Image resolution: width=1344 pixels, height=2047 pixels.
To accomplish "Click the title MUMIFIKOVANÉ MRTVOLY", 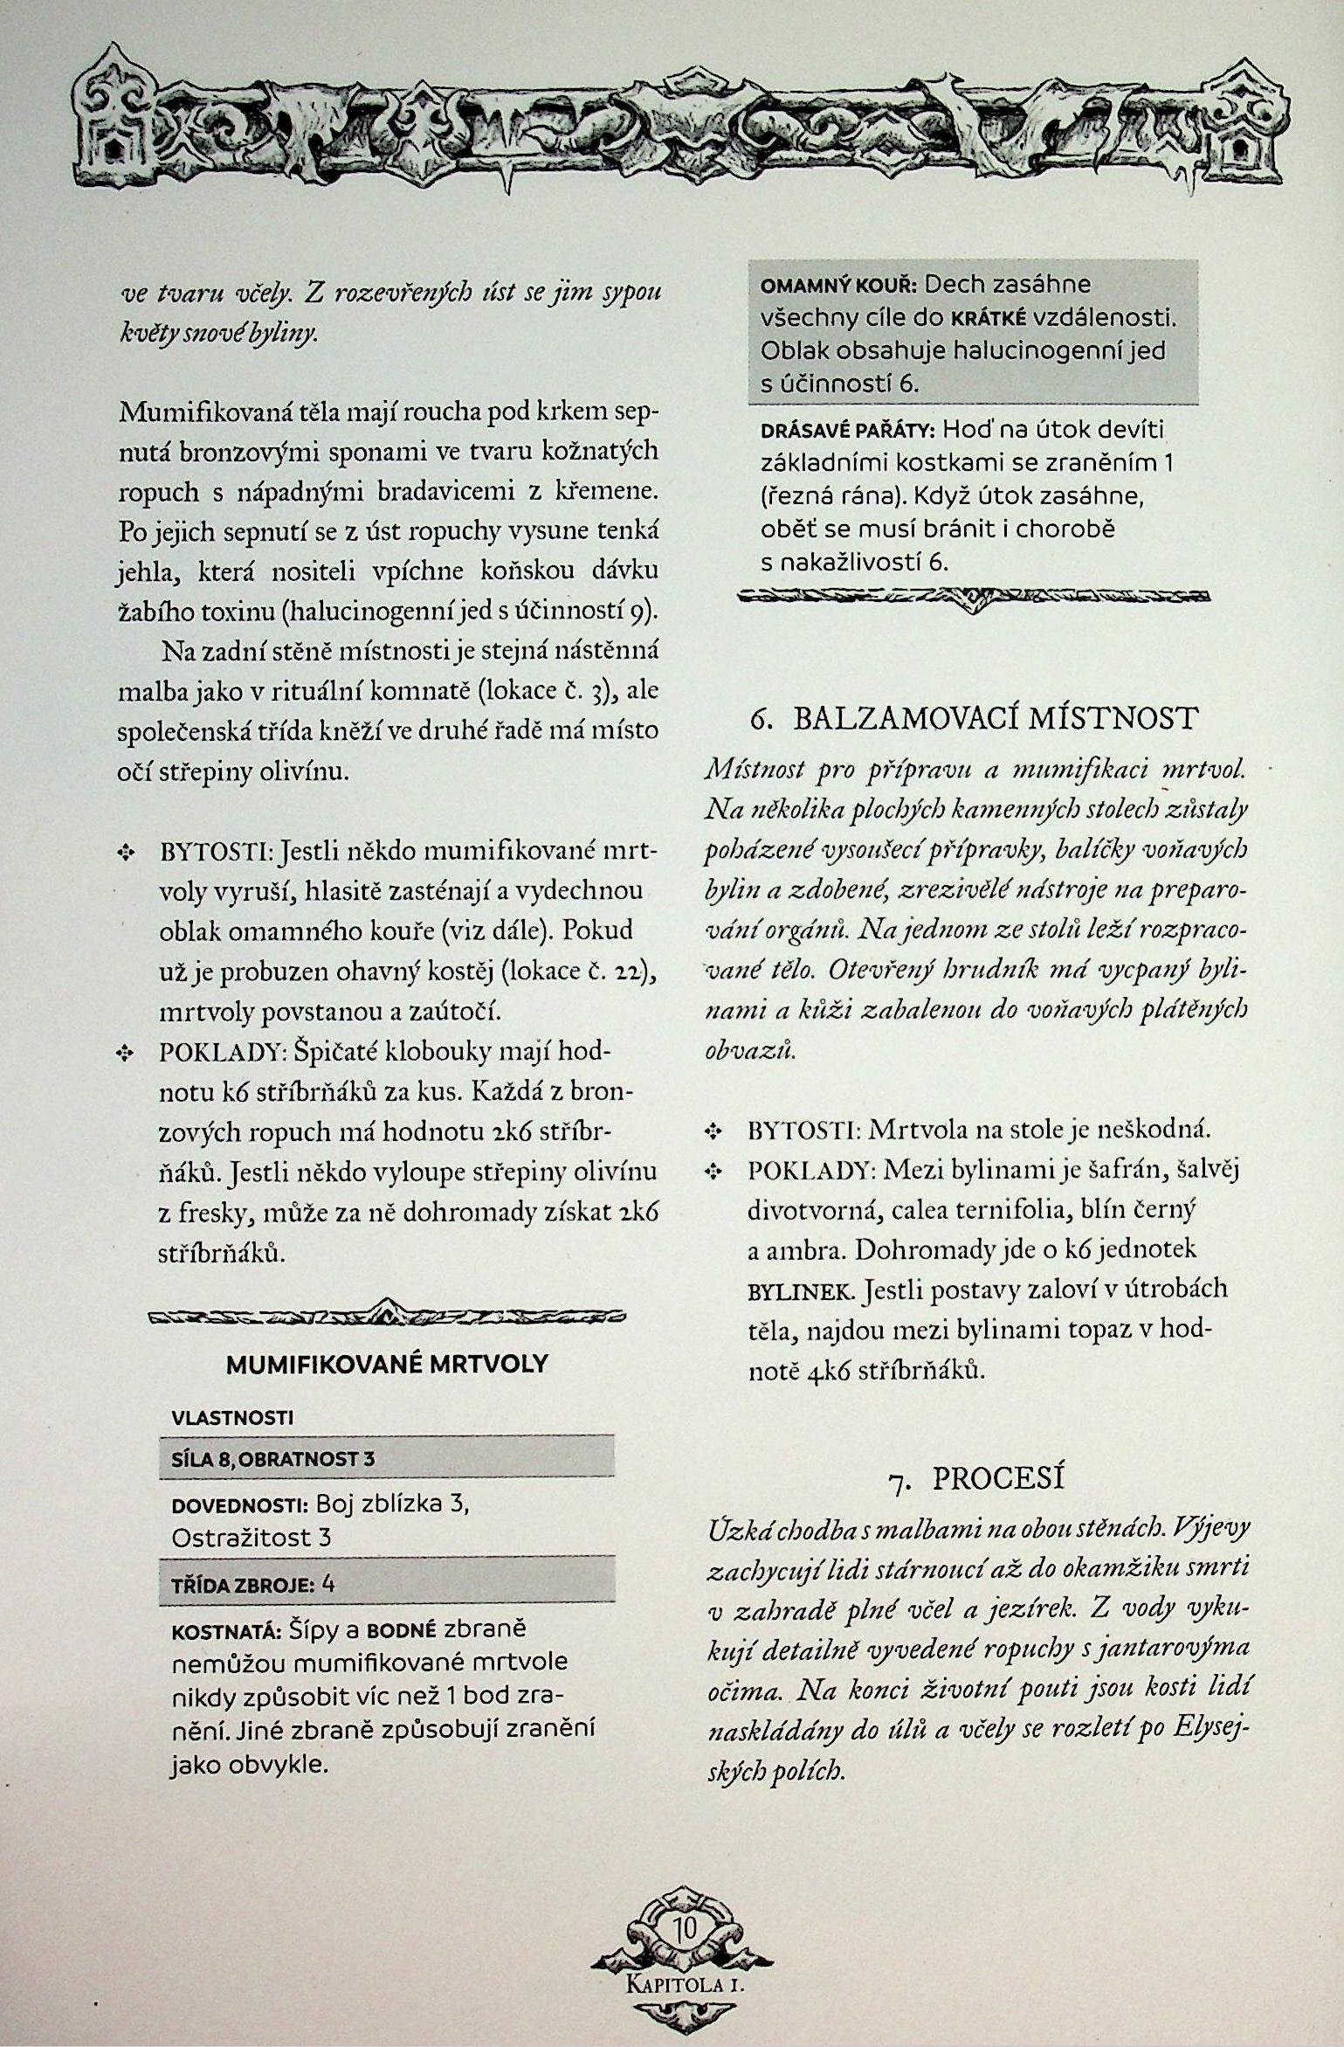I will pos(387,1364).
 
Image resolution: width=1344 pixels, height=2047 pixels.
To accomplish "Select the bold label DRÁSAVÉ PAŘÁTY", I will pos(848,431).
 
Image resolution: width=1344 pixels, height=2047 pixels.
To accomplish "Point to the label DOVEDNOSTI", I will pos(239,1505).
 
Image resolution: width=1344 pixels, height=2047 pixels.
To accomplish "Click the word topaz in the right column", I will pos(1107,1330).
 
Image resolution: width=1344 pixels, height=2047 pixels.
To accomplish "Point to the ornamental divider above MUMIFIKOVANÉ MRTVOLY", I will pos(387,1314).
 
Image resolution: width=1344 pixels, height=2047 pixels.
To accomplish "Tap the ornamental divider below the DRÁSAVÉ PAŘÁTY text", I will pos(974,598).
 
